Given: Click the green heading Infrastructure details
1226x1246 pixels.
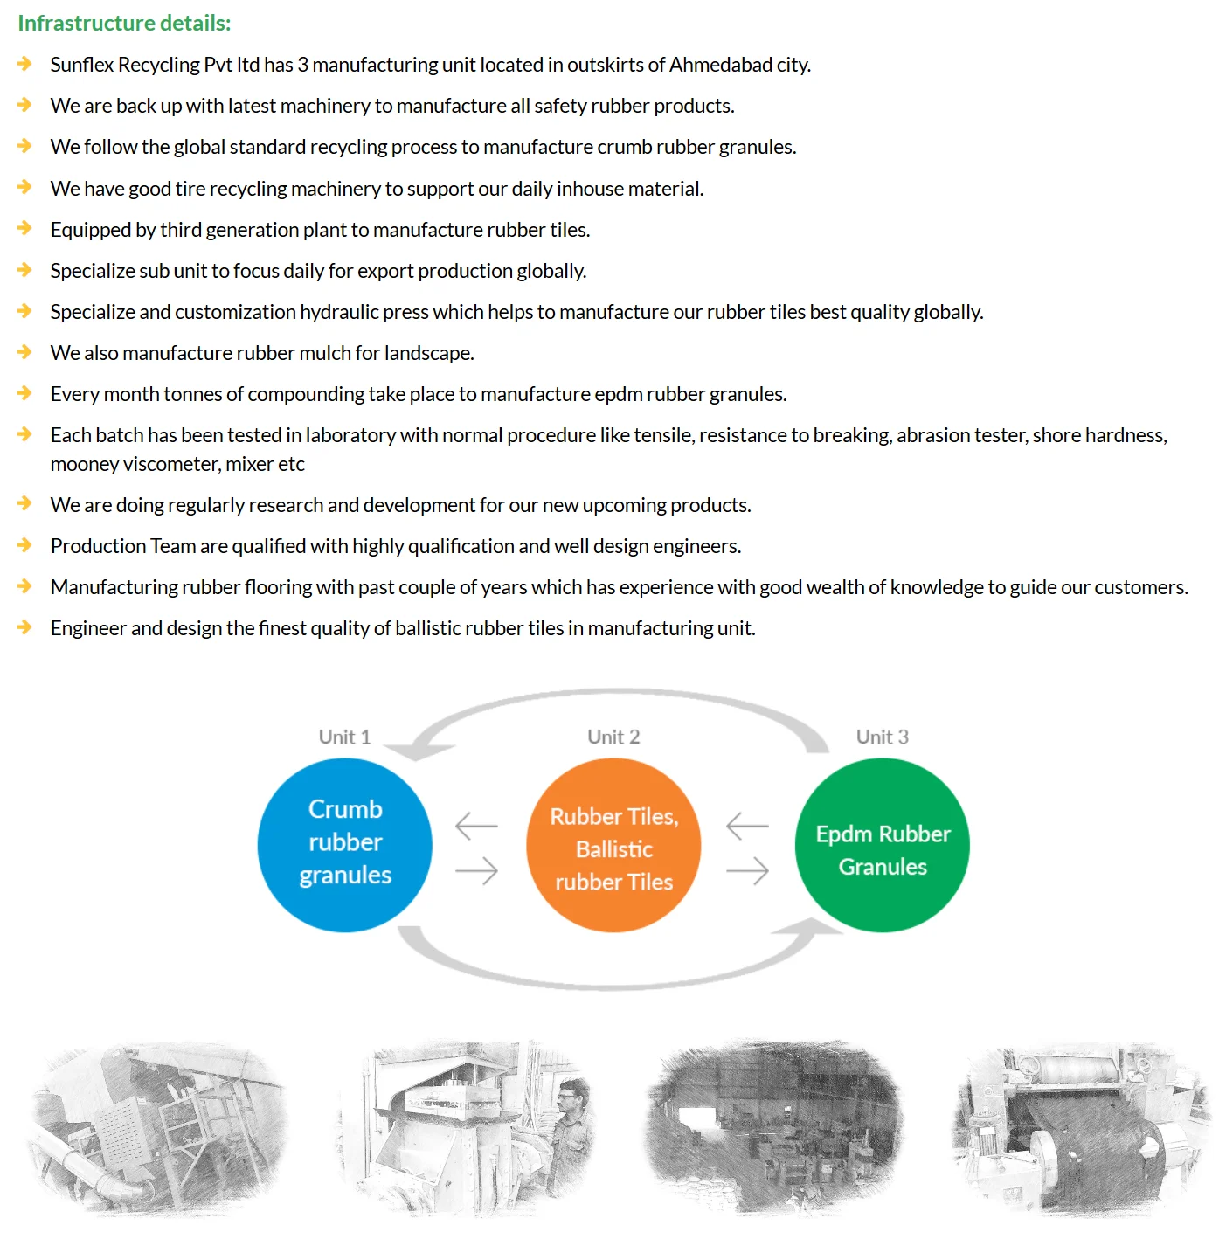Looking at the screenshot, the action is click(x=124, y=23).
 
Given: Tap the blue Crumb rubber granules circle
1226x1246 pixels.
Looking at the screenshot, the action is click(x=345, y=844).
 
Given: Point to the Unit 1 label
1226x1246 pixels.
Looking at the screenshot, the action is click(x=344, y=737).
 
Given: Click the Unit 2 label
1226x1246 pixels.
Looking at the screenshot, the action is click(x=613, y=737).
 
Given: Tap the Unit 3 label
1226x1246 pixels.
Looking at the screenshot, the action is click(x=883, y=737).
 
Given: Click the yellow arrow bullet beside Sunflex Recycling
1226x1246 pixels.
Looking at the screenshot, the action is click(x=24, y=64).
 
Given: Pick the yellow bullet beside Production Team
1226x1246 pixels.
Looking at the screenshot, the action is click(x=24, y=545).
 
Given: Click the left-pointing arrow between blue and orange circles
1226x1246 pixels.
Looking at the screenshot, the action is click(x=476, y=825).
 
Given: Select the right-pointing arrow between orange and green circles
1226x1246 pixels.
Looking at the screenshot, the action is click(x=748, y=870).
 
